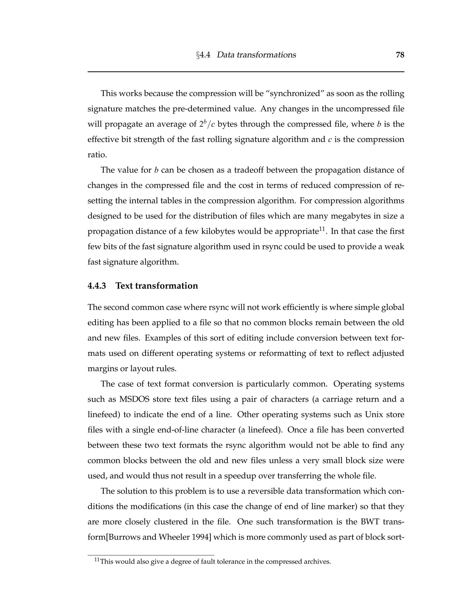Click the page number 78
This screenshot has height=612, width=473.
click(x=400, y=55)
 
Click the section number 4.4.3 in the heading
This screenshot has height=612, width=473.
click(x=97, y=286)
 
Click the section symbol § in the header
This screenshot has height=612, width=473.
click(x=198, y=55)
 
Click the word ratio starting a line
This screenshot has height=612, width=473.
click(x=97, y=155)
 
